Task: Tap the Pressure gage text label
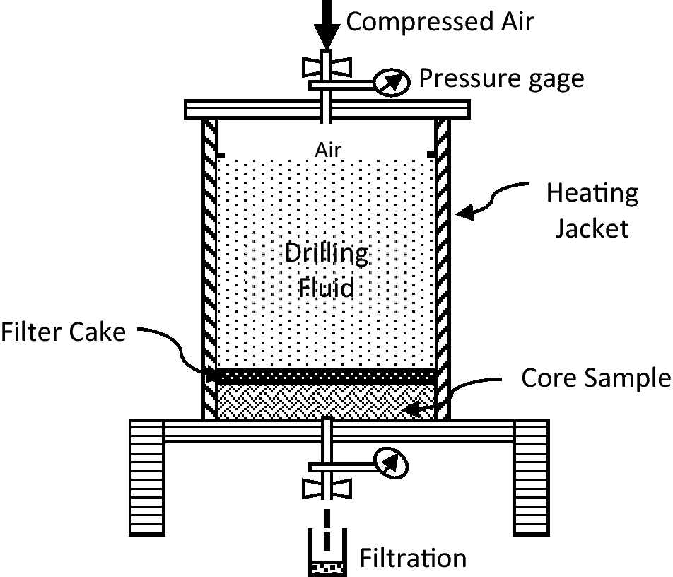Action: coord(501,78)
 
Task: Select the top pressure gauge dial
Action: coord(391,82)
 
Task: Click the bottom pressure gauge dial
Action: coord(391,463)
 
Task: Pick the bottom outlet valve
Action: coord(326,489)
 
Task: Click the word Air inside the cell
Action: coord(328,149)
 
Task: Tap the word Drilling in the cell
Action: coord(327,253)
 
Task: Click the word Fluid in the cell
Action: coord(327,288)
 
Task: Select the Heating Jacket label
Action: coord(592,210)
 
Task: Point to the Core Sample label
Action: coord(595,378)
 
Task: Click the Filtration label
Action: coord(413,558)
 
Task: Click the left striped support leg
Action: coord(147,477)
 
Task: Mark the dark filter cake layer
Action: coord(326,375)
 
